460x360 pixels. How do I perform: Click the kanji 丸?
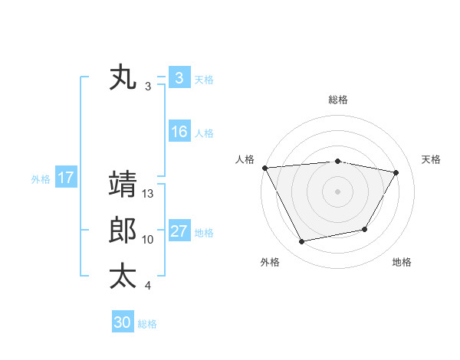[x=123, y=78]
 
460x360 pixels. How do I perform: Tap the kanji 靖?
[x=123, y=184]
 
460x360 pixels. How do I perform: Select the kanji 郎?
[x=123, y=231]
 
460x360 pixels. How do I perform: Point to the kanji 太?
[x=123, y=276]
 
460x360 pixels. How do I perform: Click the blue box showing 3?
[x=179, y=77]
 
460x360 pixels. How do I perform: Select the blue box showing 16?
[x=179, y=132]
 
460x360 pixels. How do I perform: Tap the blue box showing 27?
[x=179, y=231]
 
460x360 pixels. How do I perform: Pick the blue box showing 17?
[x=65, y=178]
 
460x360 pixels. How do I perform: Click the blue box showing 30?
[x=123, y=322]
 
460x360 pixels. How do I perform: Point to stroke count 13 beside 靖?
[x=149, y=195]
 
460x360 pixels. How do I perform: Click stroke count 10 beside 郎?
[x=148, y=240]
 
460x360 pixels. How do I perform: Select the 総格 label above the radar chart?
[x=337, y=100]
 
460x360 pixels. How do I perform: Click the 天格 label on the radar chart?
[x=431, y=159]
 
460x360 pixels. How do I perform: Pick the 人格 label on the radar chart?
[x=245, y=159]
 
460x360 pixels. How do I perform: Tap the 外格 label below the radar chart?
[x=270, y=262]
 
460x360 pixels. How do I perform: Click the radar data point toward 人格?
[x=264, y=168]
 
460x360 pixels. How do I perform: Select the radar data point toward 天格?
[x=396, y=173]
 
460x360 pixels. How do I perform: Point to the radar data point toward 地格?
[x=365, y=229]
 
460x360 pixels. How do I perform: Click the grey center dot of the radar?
[x=337, y=191]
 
